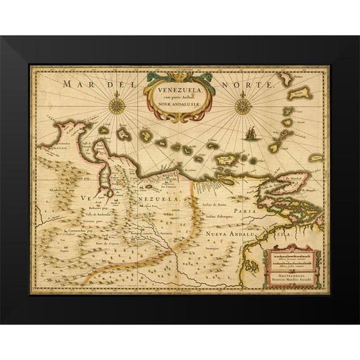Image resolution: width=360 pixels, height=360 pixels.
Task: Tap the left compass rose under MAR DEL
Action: pos(116,99)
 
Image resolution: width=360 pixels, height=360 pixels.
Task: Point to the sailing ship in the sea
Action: pos(249,132)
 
